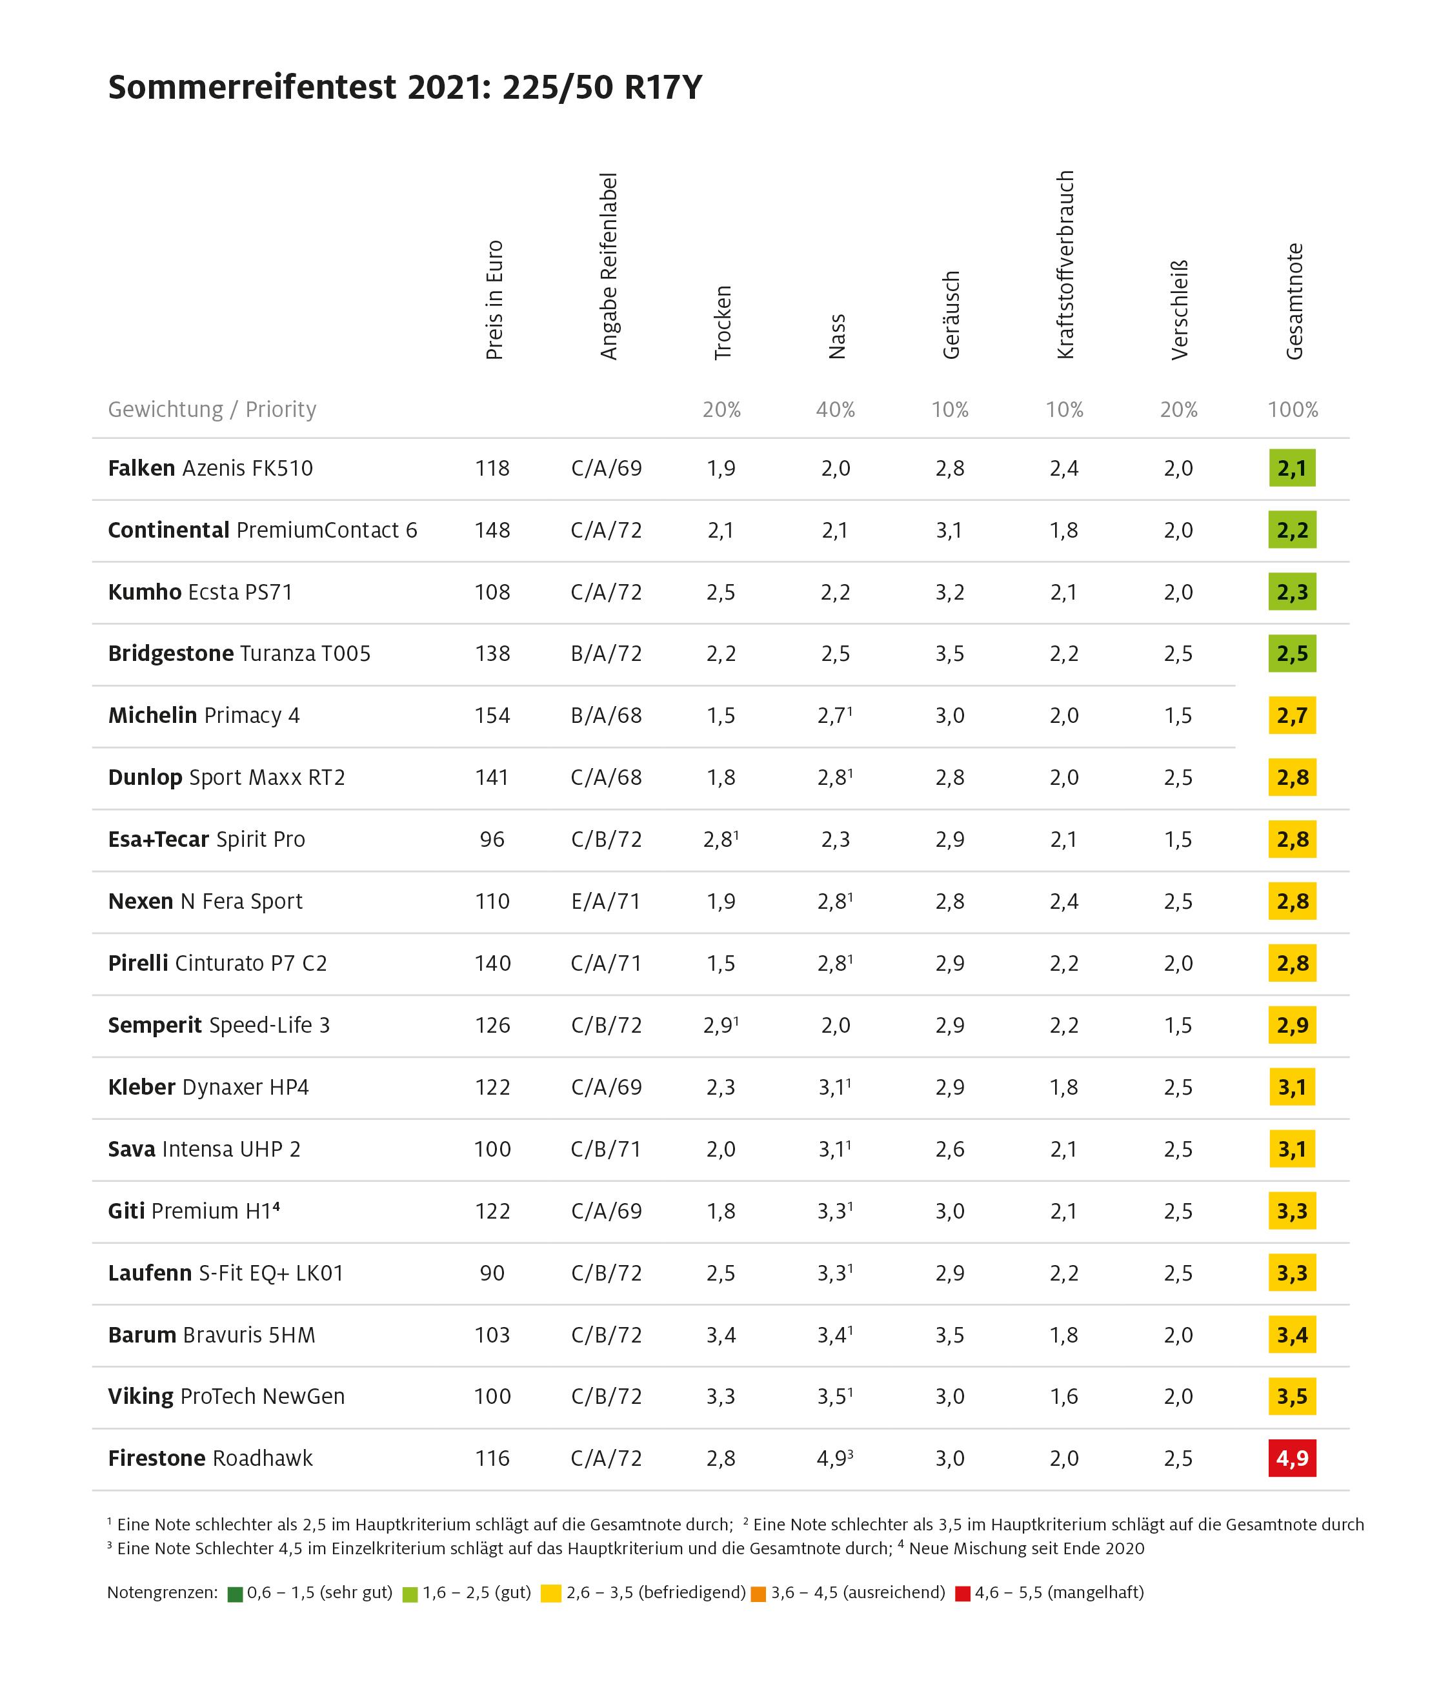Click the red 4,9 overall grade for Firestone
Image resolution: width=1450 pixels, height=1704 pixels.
1291,1458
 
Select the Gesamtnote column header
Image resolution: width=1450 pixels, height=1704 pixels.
1294,301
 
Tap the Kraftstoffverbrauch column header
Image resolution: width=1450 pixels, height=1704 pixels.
1065,265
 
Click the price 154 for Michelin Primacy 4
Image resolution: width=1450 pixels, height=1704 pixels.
492,716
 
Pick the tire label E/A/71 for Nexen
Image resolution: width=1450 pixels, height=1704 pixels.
606,902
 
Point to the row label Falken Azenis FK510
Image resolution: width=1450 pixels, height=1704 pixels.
210,469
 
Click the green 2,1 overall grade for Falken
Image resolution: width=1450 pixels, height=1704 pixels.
1291,469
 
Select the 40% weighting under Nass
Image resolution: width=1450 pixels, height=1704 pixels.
835,409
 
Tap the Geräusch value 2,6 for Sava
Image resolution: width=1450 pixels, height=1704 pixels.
949,1149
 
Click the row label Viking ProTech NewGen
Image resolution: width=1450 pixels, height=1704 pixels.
226,1397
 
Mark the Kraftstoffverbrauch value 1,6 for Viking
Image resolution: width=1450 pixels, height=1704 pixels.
1063,1397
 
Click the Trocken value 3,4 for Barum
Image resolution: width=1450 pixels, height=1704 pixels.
721,1335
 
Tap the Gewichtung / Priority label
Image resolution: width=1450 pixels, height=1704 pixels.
212,409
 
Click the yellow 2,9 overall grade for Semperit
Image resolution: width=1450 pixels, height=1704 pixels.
1291,1025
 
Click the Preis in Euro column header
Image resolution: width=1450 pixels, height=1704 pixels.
494,300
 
